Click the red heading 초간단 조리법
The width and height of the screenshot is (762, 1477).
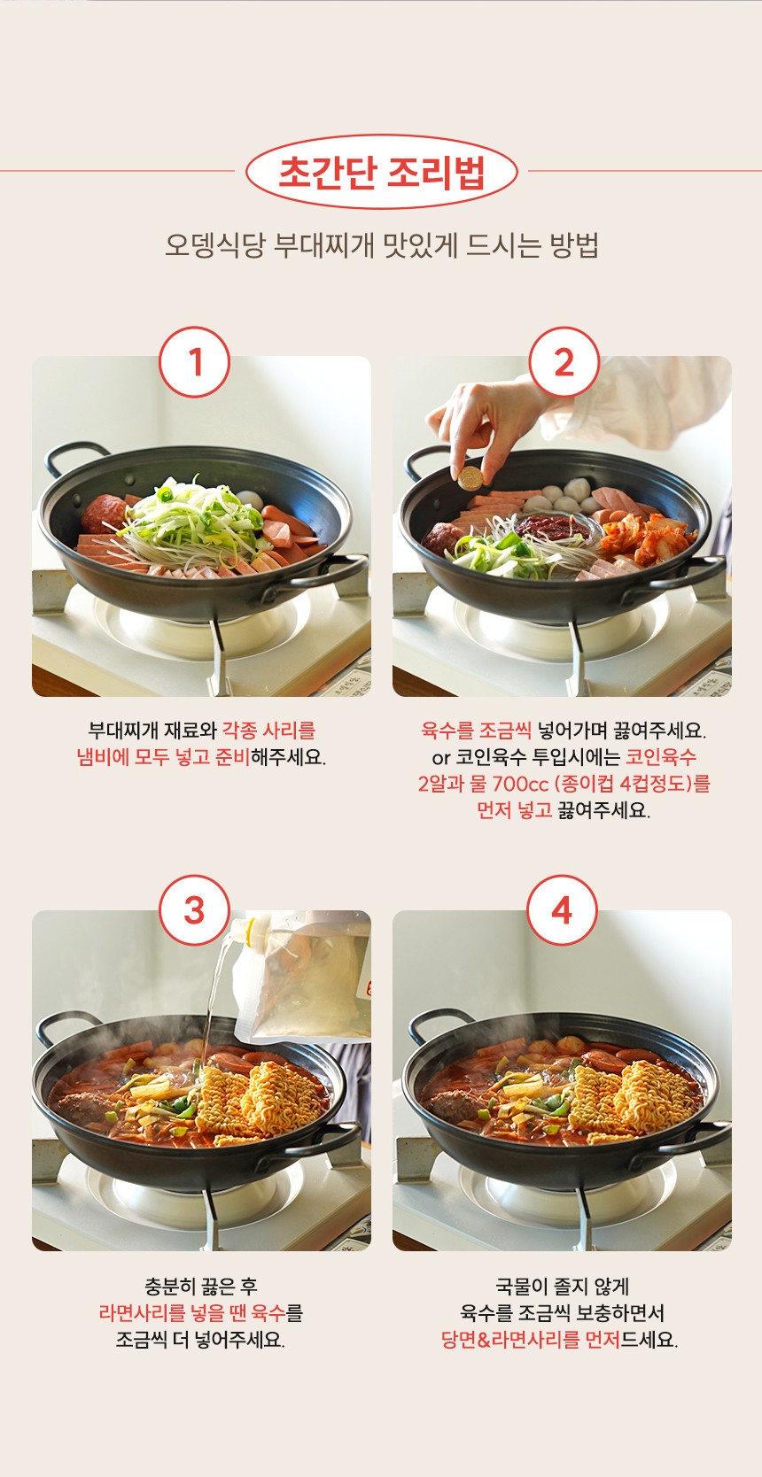(381, 172)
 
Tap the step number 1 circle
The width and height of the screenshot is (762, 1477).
(195, 362)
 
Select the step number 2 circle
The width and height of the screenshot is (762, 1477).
(564, 362)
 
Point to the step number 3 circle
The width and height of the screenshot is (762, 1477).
(195, 910)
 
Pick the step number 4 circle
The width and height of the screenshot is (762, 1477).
(562, 910)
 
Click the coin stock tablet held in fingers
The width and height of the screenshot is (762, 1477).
(470, 478)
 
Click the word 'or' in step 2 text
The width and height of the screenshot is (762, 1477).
(440, 758)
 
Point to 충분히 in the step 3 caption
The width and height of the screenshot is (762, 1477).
(172, 1286)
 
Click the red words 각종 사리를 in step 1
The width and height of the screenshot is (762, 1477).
(268, 731)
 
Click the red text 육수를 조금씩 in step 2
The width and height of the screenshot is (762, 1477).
(476, 731)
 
